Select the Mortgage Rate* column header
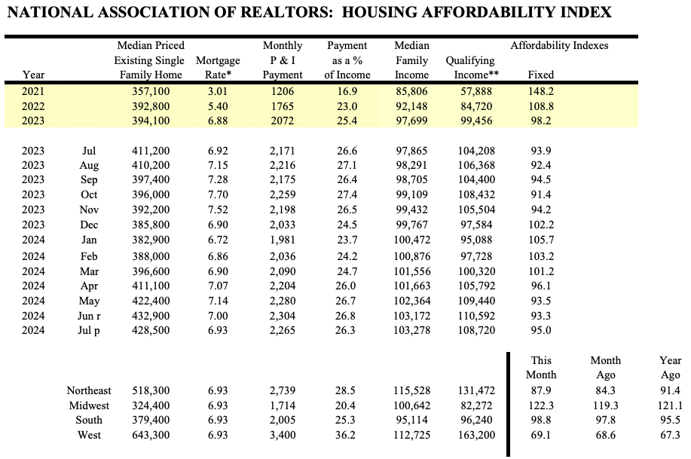(x=217, y=67)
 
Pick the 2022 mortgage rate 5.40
(x=217, y=106)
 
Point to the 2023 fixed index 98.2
(x=541, y=121)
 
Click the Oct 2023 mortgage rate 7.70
(x=217, y=195)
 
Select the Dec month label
(x=89, y=225)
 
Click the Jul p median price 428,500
(x=149, y=330)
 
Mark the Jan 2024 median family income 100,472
(x=411, y=240)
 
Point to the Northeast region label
(x=88, y=390)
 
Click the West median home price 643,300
(x=149, y=435)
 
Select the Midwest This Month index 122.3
(x=541, y=405)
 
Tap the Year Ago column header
(x=670, y=367)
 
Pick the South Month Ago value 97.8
(x=606, y=420)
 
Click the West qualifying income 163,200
(x=475, y=435)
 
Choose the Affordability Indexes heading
(x=559, y=45)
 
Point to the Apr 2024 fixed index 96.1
(x=541, y=286)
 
